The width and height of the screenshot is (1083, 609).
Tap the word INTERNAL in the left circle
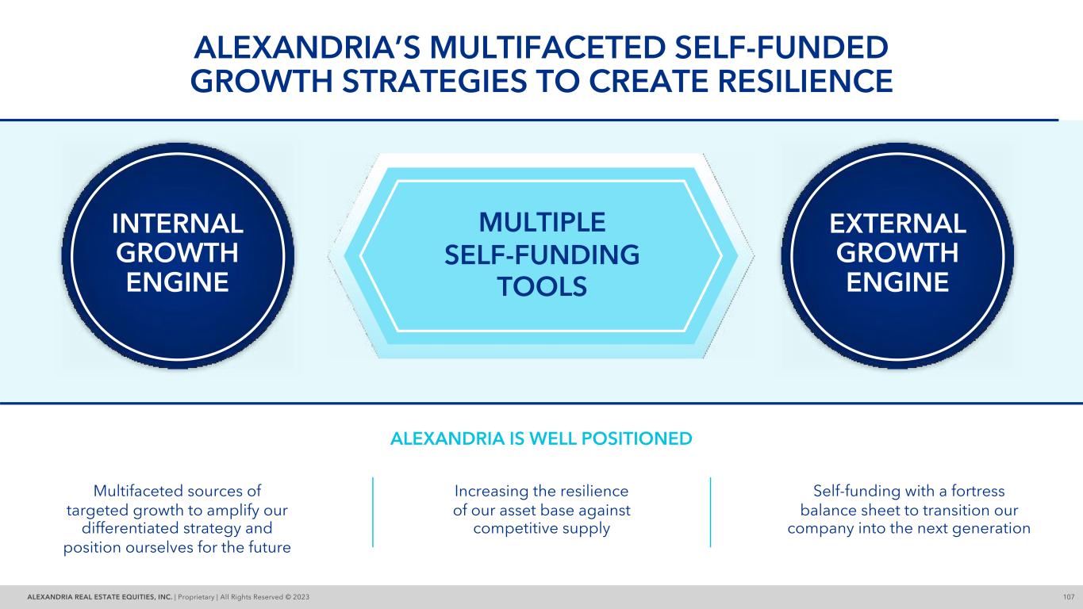(178, 224)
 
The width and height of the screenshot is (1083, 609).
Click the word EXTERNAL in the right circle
(897, 224)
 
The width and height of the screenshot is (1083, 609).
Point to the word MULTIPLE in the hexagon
(541, 223)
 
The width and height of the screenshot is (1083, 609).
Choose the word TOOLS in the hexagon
(541, 286)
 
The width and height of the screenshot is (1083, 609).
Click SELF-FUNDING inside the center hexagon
(541, 255)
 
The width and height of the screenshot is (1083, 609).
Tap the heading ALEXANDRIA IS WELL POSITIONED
(541, 438)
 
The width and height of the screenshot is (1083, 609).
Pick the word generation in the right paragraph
(992, 528)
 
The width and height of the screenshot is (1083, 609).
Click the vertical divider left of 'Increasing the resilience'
(373, 511)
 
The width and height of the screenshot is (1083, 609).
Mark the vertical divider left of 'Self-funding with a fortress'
(710, 511)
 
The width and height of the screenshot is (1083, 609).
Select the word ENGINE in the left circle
(178, 282)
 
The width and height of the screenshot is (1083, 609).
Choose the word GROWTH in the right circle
(897, 253)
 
